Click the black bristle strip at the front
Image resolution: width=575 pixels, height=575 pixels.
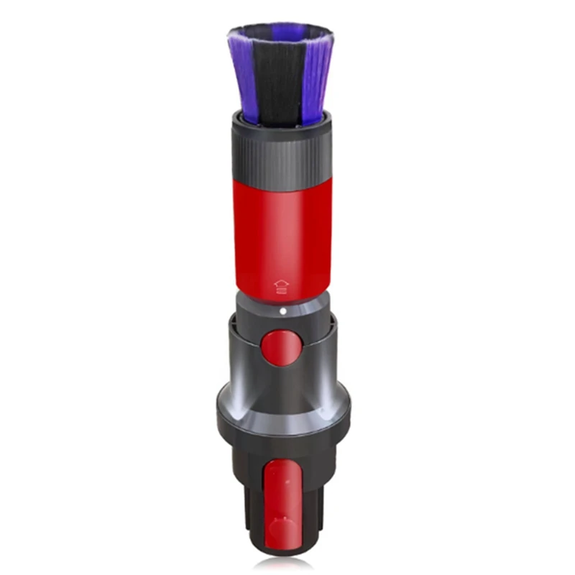(281, 79)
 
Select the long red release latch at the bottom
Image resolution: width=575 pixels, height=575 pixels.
(282, 503)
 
